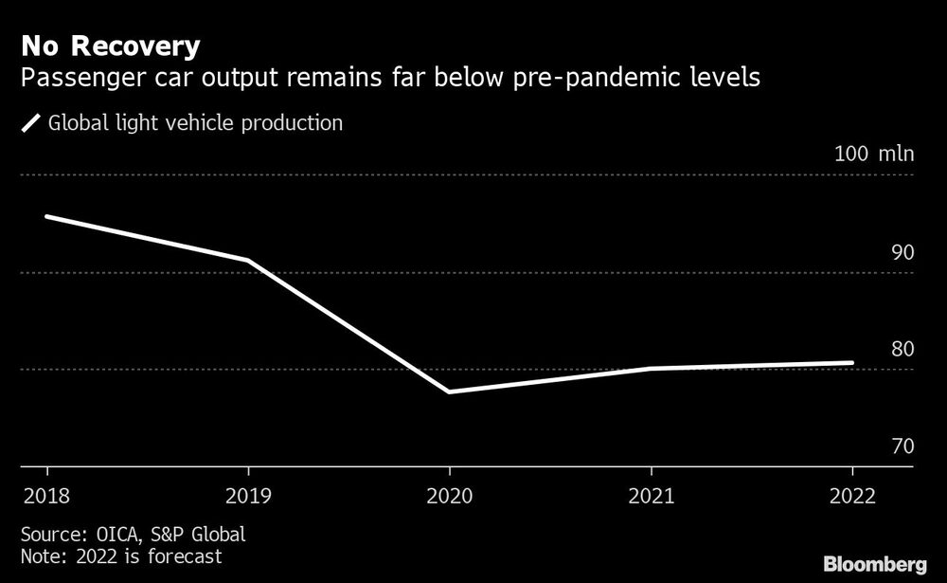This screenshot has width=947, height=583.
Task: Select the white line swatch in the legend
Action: coord(31,123)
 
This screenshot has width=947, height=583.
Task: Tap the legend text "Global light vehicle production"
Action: coord(195,123)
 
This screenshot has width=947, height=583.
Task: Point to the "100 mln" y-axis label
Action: coord(873,155)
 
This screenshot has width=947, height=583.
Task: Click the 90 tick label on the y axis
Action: coord(902,253)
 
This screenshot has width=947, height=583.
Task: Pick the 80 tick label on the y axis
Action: coord(902,350)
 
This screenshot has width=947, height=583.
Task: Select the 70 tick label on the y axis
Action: coord(902,446)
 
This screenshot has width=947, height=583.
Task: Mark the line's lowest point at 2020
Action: coord(449,392)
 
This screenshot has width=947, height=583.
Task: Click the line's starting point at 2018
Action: coord(46,217)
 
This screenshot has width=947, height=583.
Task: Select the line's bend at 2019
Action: coord(248,260)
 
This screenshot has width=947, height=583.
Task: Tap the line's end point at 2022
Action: coord(852,362)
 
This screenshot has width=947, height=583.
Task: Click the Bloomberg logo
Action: coord(875,564)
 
